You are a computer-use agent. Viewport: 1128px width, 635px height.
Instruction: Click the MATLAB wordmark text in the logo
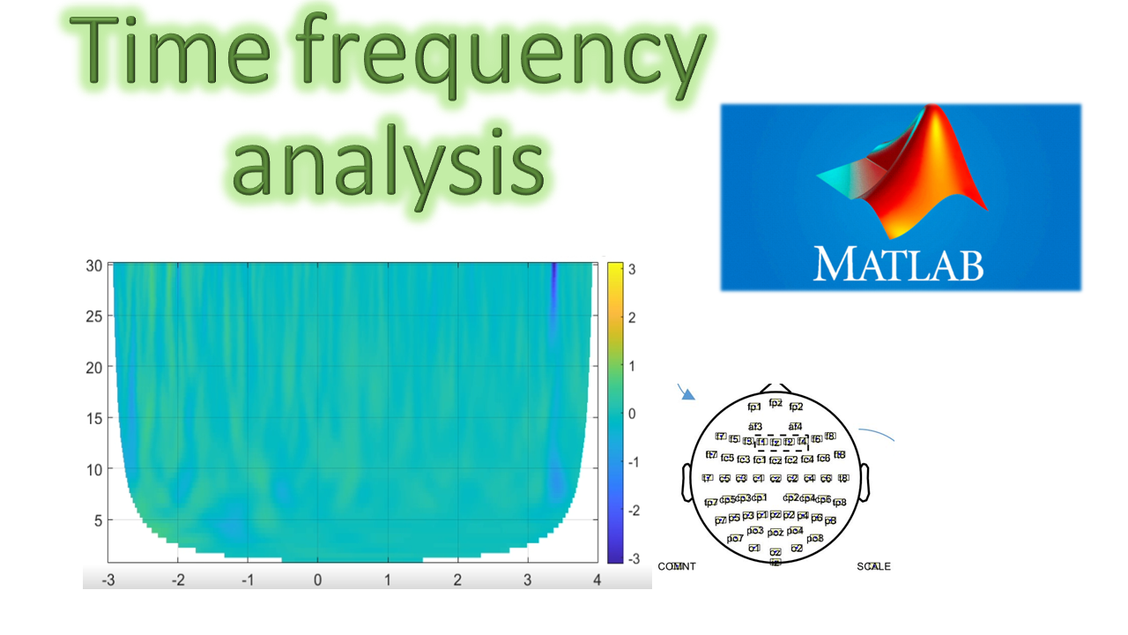click(x=898, y=264)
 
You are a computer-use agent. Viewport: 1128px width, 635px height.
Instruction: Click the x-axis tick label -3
click(x=108, y=579)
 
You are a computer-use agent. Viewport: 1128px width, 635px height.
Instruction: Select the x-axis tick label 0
click(x=317, y=579)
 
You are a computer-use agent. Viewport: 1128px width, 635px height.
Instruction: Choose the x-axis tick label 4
click(x=597, y=579)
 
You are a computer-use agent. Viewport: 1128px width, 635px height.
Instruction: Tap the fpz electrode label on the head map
click(x=775, y=403)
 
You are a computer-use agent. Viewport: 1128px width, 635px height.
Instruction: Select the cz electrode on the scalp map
click(x=775, y=479)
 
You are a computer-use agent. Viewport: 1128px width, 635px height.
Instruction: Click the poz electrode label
click(x=775, y=533)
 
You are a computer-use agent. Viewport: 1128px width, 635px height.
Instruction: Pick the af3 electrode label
click(x=755, y=427)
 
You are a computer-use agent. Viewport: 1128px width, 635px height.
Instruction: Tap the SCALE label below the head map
click(x=873, y=566)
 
